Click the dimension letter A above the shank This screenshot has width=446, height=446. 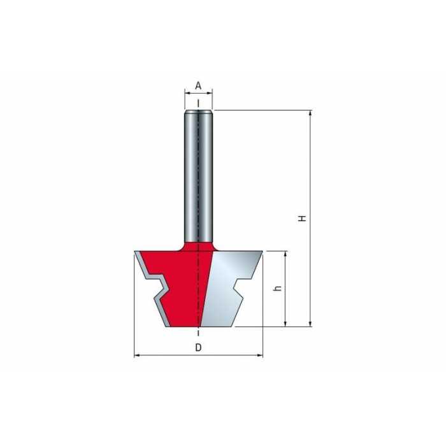click(x=198, y=85)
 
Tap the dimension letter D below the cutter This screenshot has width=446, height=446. click(x=198, y=347)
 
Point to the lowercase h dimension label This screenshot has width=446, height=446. click(x=278, y=288)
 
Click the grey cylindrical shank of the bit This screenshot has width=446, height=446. click(x=198, y=176)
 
